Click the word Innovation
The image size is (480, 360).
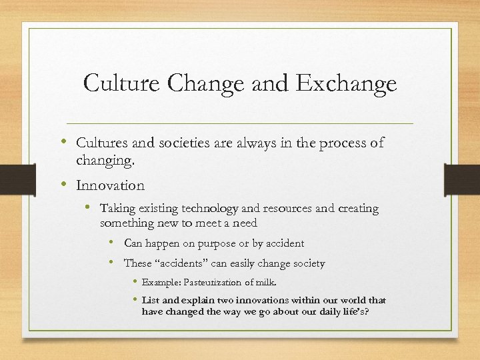click(x=110, y=185)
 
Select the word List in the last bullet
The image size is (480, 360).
click(x=151, y=301)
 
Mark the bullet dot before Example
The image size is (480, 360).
click(x=135, y=282)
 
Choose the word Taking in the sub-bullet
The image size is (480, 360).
click(x=116, y=209)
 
